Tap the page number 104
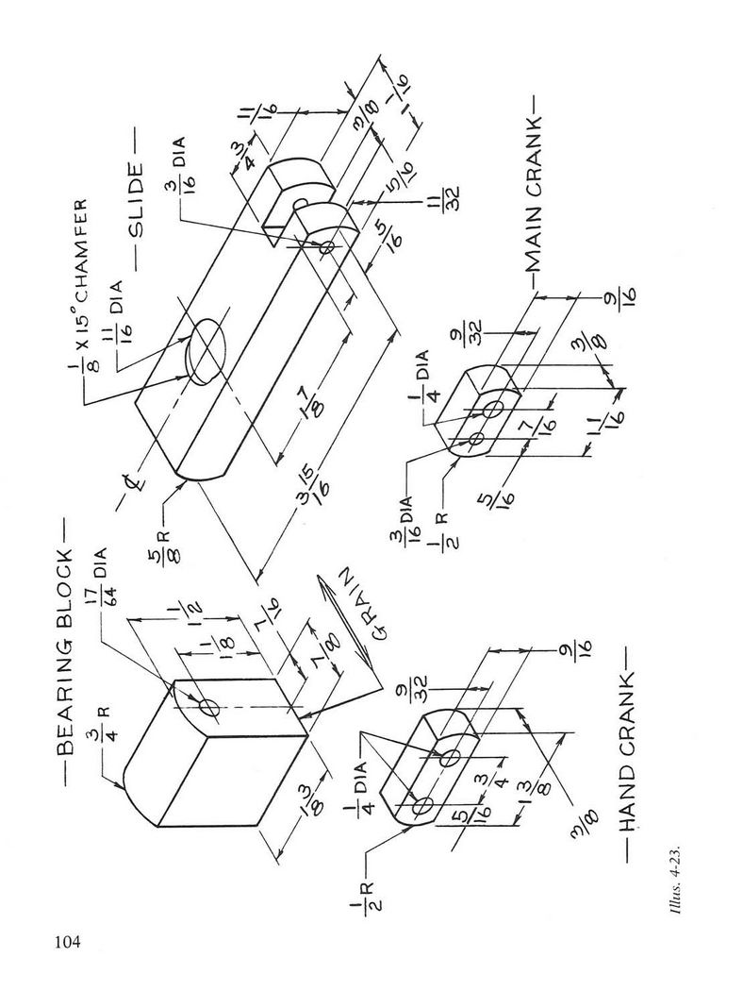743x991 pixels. point(68,942)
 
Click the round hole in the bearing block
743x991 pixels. point(207,707)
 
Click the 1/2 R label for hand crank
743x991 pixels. point(362,895)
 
